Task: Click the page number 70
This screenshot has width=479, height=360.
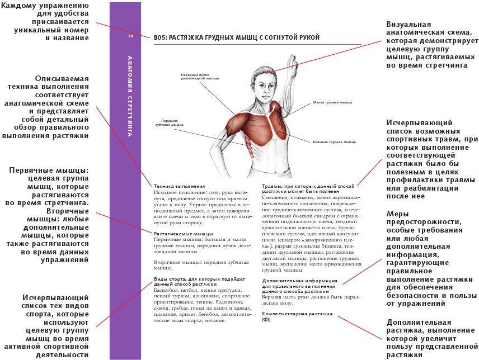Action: (130, 36)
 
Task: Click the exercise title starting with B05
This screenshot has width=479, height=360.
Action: (237, 37)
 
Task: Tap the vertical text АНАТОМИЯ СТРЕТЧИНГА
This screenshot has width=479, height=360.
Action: (130, 96)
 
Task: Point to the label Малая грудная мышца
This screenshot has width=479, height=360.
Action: (332, 103)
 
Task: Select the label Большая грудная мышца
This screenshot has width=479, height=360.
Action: (334, 142)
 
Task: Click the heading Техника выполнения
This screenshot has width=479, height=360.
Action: (179, 186)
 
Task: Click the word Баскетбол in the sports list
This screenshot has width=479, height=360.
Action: (167, 291)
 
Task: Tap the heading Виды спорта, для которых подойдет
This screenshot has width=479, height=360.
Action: (199, 279)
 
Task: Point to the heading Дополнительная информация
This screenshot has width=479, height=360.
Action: (299, 280)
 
